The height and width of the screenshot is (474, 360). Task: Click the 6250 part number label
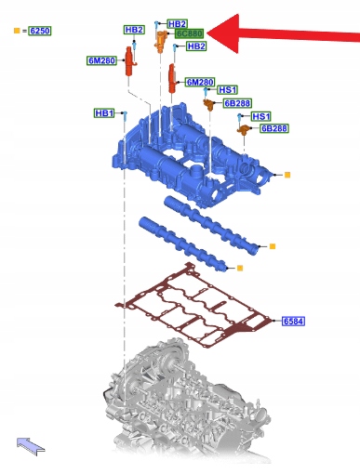tap(40, 31)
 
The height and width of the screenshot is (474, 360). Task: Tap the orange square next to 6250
tap(17, 31)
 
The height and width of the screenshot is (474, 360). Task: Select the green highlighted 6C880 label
tap(189, 33)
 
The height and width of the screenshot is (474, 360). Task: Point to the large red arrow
tap(283, 33)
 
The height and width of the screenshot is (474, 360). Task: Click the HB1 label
tap(104, 113)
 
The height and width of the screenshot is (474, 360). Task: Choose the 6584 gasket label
tap(293, 322)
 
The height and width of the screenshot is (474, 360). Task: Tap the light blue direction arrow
tap(31, 446)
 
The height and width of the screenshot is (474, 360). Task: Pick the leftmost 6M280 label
tap(101, 60)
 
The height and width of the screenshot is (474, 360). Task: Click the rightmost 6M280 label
tap(200, 82)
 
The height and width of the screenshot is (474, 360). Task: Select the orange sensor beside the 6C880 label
tap(160, 42)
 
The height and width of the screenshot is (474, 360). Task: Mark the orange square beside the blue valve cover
tap(287, 175)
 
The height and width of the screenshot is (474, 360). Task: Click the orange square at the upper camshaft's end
tap(273, 246)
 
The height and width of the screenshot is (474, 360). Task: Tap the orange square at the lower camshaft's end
tap(240, 268)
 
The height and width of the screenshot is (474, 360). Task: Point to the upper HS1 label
tap(227, 90)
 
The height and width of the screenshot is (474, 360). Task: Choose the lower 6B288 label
tap(274, 128)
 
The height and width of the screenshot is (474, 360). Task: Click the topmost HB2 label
tap(177, 24)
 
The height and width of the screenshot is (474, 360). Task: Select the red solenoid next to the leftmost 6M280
tap(130, 61)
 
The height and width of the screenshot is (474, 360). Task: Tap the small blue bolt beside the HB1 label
tap(125, 116)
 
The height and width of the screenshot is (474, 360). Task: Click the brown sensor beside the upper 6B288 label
tap(209, 104)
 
